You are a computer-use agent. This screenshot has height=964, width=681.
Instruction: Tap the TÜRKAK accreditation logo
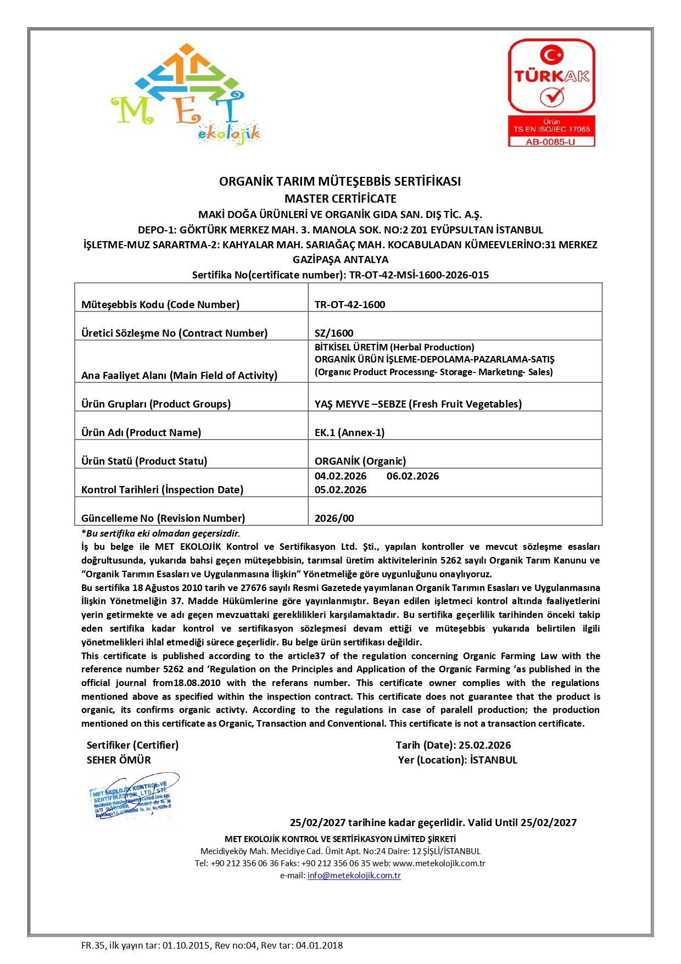(551, 76)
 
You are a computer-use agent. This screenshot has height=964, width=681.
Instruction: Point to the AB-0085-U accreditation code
(551, 142)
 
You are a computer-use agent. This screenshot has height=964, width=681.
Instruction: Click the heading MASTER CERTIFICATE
(340, 198)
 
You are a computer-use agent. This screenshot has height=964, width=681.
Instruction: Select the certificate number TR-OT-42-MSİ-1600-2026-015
(419, 275)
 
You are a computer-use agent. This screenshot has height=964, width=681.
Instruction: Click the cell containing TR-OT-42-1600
(350, 304)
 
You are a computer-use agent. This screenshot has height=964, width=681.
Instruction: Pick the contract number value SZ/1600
(334, 333)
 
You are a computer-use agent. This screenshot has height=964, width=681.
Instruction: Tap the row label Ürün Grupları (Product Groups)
(156, 404)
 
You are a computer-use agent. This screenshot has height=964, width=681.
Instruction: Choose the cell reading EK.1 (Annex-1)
(349, 432)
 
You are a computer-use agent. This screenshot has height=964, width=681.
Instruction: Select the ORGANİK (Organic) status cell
(360, 461)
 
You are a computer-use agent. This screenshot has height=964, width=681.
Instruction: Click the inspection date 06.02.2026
(412, 476)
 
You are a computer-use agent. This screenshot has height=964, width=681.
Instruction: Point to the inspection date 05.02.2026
(340, 489)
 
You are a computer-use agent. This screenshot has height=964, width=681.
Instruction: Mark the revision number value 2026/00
(334, 518)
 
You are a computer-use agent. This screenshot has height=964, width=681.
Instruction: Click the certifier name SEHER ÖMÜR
(119, 760)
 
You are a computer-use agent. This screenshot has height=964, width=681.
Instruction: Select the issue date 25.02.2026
(484, 745)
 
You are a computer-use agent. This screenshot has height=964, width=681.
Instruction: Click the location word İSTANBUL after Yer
(494, 760)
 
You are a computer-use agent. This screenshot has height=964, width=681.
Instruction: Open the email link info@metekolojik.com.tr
(354, 875)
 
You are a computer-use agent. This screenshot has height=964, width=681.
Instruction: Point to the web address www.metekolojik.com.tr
(439, 863)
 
